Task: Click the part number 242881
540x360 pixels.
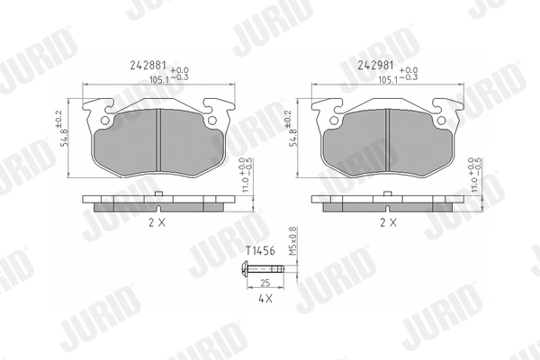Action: tap(148, 66)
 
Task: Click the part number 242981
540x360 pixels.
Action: tap(375, 66)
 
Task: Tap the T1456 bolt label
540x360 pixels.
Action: tap(260, 251)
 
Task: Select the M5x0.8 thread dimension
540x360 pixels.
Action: tap(292, 241)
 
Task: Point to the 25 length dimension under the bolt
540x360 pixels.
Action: tap(265, 283)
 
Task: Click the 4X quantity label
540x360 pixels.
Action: tap(265, 299)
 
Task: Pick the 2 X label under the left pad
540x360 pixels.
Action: tap(157, 223)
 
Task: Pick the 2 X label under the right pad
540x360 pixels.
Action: tap(388, 223)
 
